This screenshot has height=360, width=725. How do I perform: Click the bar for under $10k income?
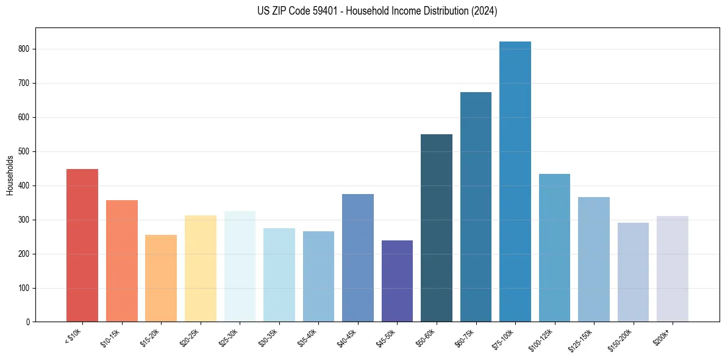coord(82,245)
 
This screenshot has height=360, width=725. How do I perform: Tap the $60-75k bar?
coord(476,207)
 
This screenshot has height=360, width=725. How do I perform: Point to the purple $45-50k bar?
coord(397,281)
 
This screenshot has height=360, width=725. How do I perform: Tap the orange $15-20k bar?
coord(161,278)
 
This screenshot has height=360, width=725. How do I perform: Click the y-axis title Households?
coord(10,175)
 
